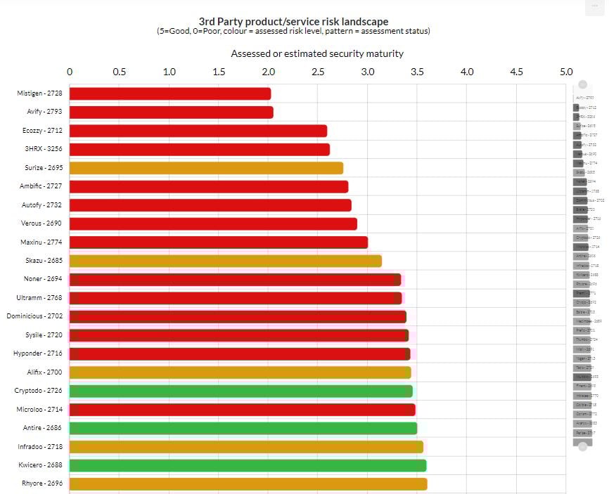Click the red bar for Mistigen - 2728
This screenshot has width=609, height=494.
169,93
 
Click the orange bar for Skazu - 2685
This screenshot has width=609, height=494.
225,261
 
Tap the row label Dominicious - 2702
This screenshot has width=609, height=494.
34,316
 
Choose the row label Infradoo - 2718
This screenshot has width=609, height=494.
39,446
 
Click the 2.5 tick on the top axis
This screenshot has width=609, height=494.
318,72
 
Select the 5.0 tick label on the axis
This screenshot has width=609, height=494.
566,72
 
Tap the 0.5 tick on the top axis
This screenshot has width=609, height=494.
120,72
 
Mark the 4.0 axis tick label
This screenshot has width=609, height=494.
467,72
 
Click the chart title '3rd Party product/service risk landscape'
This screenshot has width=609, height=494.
293,22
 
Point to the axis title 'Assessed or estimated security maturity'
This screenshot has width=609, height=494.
317,53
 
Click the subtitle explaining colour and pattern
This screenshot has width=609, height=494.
293,32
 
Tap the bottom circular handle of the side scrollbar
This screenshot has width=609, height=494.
582,446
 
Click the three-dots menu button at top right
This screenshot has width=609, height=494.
595,6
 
